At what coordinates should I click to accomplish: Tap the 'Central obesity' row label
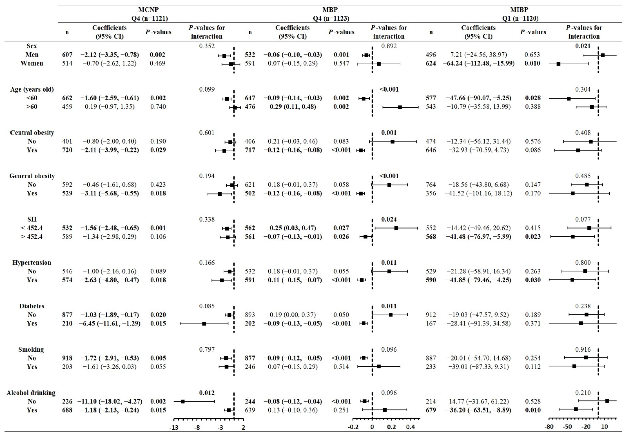coord(32,133)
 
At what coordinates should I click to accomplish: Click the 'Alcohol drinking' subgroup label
coord(31,393)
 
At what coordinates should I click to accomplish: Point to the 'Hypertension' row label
coord(32,263)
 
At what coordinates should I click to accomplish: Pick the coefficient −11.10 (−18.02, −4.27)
coord(110,401)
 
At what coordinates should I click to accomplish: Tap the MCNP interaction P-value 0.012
coord(207,393)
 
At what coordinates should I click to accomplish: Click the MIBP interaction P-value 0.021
coord(583,46)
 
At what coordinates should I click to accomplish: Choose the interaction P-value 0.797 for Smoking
coord(207,349)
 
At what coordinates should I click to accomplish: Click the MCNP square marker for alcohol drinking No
coord(183,401)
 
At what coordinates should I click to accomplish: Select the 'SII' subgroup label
coord(32,219)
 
